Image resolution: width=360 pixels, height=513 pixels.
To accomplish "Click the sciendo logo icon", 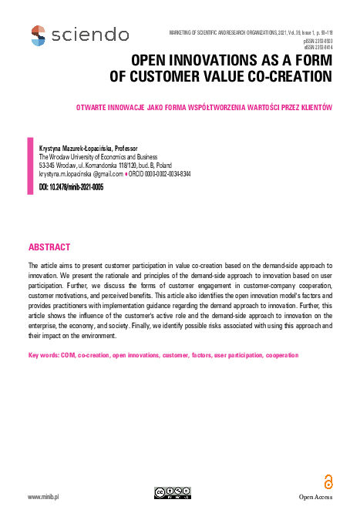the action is (38, 35).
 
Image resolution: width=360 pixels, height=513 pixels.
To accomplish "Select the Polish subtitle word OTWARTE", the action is (126, 107).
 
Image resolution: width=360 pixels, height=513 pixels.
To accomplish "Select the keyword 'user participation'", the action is (229, 355).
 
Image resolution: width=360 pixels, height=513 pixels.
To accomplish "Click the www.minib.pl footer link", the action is (44, 497).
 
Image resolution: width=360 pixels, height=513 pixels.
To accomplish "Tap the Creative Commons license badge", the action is (172, 493).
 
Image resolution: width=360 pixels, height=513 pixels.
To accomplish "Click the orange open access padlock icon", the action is (328, 481).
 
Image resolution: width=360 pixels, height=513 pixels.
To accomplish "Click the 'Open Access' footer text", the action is (316, 498).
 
